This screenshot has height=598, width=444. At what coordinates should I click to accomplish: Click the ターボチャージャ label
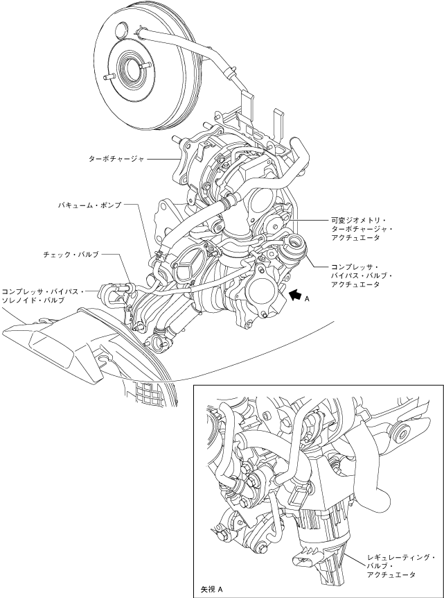[x=116, y=158]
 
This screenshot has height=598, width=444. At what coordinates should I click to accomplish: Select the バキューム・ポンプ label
[x=89, y=205]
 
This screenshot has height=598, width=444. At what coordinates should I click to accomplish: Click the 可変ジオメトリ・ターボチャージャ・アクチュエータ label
[x=360, y=228]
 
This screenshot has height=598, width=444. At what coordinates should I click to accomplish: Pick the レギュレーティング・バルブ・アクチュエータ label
[x=401, y=566]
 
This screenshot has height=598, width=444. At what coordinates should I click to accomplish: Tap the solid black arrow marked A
[x=296, y=295]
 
